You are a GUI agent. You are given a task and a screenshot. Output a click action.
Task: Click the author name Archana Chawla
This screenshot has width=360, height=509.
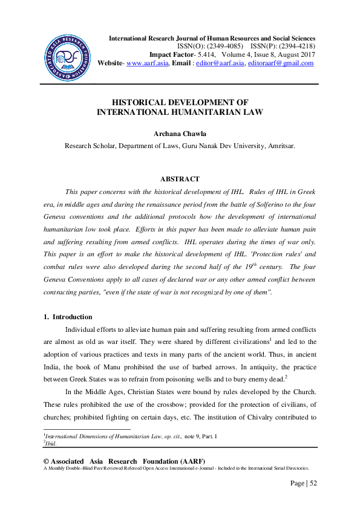[180, 133]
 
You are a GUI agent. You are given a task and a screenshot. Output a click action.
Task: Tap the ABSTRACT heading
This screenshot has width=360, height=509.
[180, 180]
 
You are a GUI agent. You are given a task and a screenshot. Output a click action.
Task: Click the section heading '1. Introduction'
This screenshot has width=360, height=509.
[68, 317]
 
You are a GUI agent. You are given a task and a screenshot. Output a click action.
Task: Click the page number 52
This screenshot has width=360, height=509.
[312, 483]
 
